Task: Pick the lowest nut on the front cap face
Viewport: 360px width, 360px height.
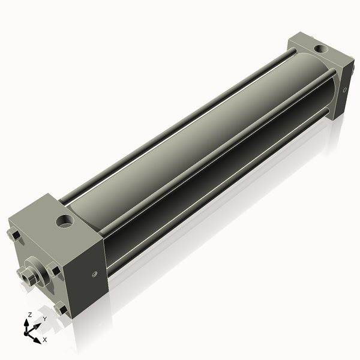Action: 61,310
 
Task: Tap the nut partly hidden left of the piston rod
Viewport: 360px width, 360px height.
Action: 22,272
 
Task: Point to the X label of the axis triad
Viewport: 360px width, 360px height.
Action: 44,340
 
